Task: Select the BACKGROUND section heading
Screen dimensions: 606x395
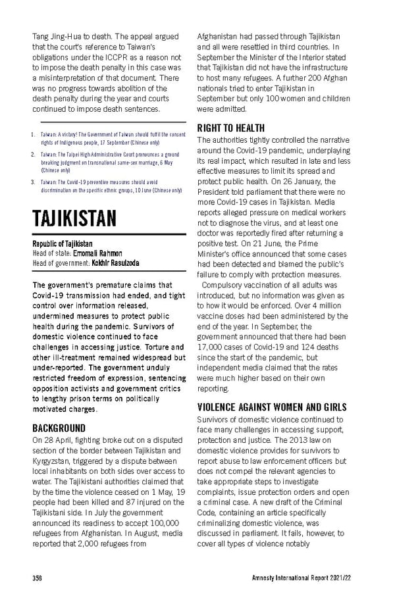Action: coord(59,427)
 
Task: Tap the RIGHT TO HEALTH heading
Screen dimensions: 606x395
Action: coord(230,128)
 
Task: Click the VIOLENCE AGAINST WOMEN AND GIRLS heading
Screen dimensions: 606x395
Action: coord(272,407)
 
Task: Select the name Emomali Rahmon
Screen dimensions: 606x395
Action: coord(98,253)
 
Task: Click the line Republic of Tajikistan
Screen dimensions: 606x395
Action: coord(62,243)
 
